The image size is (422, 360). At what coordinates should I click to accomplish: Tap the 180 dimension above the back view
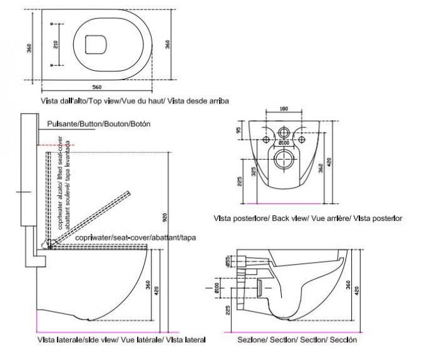click(284, 109)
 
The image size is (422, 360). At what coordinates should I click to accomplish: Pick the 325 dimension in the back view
click(251, 172)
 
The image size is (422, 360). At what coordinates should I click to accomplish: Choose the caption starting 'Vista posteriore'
click(308, 218)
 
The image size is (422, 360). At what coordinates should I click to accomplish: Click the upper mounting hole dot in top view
click(49, 23)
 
